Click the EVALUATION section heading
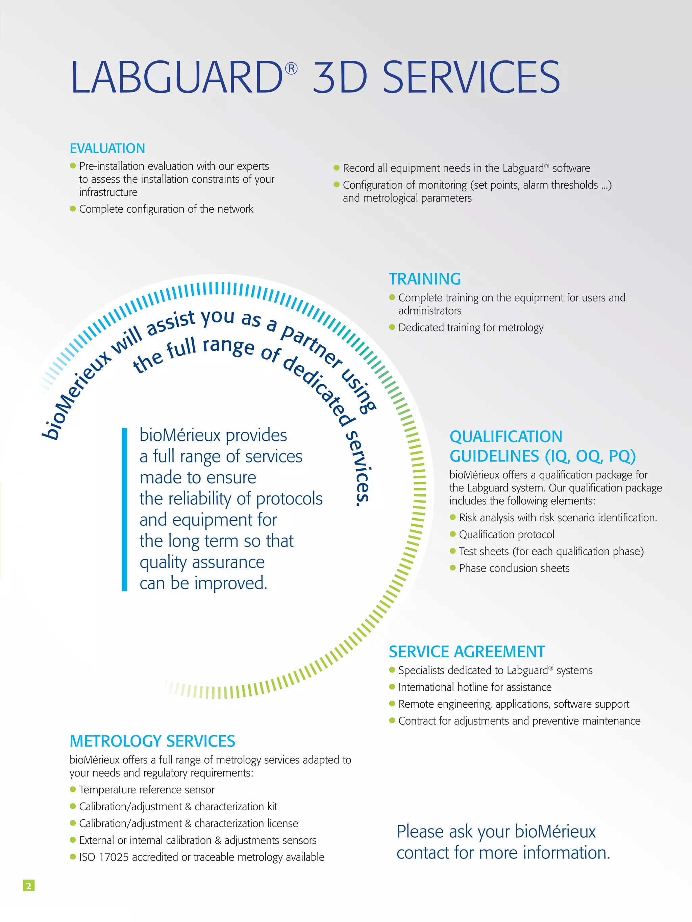tap(107, 149)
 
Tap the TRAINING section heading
tap(425, 279)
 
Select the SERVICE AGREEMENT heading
tap(467, 652)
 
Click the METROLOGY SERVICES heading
tap(152, 741)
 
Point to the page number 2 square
tap(29, 885)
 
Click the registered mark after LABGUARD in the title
tap(291, 69)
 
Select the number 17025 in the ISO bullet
tap(114, 857)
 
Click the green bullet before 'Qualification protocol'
tap(452, 534)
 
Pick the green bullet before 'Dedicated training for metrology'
tap(392, 327)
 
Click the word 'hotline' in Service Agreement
tap(476, 687)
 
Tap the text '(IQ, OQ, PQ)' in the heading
tap(590, 456)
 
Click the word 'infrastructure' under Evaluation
tap(108, 192)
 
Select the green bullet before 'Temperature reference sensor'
tap(73, 789)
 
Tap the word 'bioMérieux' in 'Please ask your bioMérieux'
tap(555, 831)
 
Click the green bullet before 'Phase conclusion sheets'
tap(452, 568)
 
